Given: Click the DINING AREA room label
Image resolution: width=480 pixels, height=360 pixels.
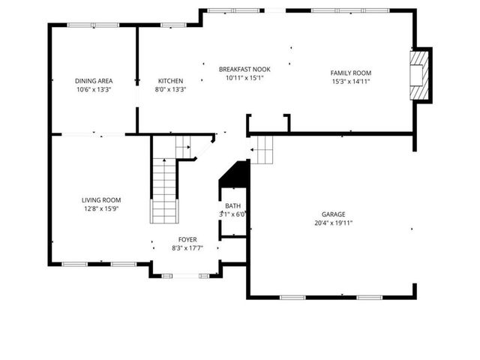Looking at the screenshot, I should click(93, 81).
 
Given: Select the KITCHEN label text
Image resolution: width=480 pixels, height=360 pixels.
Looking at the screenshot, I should click(170, 81).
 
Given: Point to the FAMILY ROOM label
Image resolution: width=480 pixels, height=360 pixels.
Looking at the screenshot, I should click(351, 73).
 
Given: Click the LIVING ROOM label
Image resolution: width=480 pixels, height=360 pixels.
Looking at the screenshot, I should click(101, 200).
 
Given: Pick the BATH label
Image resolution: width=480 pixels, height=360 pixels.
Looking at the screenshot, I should click(232, 205).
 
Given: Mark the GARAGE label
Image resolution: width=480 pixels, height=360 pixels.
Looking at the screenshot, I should click(334, 214).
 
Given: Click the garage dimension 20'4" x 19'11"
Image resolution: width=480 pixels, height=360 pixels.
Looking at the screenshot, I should click(334, 223).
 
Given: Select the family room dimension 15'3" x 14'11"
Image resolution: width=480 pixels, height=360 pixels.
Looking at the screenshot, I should click(351, 82).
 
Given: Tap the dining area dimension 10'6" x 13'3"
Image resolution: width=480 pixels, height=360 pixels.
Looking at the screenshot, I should click(93, 89).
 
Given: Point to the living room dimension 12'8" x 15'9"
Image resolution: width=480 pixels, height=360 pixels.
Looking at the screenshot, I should click(101, 208).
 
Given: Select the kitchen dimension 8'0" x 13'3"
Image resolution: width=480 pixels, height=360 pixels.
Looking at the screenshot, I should click(170, 89).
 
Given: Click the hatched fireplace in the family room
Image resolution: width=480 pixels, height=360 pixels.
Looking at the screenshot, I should click(421, 75).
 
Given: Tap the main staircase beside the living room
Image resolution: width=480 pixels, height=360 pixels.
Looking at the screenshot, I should click(163, 191).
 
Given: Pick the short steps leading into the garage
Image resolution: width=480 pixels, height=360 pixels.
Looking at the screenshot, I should click(263, 149).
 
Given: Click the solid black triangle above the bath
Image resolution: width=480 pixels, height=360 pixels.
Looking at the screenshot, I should click(237, 174).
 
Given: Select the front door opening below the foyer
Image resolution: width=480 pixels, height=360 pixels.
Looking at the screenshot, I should click(185, 276).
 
